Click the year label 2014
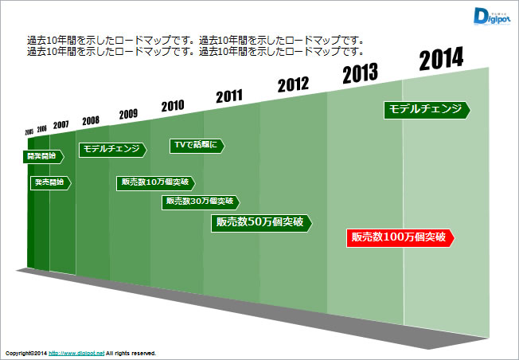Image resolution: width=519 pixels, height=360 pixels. (x=441, y=59)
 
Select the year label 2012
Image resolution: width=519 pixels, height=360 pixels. (x=293, y=85)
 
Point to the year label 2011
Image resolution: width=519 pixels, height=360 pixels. (x=228, y=96)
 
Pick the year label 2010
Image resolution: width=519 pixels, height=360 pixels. (x=173, y=105)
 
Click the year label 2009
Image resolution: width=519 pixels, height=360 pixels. (x=128, y=114)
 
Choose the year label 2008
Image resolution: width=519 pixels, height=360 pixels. (x=91, y=120)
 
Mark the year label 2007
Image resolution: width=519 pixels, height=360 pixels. (x=61, y=126)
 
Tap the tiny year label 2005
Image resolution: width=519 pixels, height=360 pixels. (x=29, y=131)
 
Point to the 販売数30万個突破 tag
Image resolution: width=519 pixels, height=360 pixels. (x=200, y=202)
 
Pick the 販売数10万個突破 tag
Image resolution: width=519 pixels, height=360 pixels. (x=150, y=182)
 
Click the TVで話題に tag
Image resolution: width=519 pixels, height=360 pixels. (x=197, y=145)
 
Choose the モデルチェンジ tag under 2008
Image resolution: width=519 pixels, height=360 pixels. (x=112, y=149)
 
